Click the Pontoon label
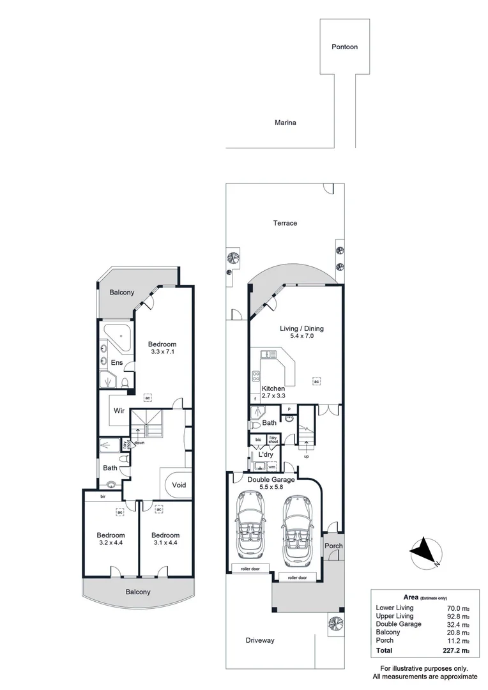tap(344, 47)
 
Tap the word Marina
tap(286, 123)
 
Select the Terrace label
tap(286, 223)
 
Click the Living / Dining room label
tap(301, 332)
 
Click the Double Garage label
tap(272, 479)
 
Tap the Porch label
tap(333, 546)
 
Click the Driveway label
tap(261, 640)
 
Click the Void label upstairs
tap(179, 485)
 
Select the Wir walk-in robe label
tap(119, 411)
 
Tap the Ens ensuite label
tap(117, 363)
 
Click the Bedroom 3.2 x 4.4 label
tap(111, 539)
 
